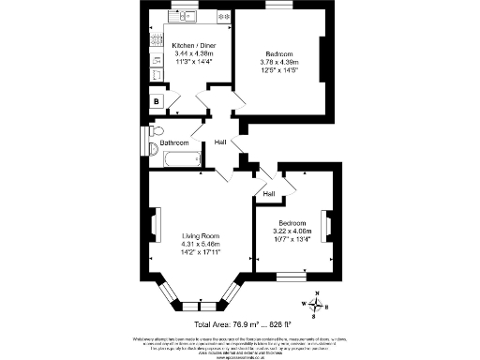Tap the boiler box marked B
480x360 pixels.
pos(156,101)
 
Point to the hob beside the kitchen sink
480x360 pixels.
pos(222,17)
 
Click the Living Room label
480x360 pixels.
pos(200,235)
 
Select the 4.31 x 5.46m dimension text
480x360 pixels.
pos(200,244)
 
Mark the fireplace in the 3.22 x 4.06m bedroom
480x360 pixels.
pos(328,226)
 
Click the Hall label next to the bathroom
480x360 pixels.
pos(221,142)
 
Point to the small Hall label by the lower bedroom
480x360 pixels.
pos(269,194)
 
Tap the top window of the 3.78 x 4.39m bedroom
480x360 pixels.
pos(277,5)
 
